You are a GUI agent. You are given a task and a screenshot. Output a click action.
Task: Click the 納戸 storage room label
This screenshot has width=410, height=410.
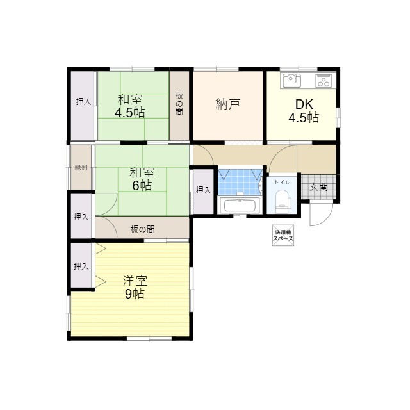[x=228, y=104]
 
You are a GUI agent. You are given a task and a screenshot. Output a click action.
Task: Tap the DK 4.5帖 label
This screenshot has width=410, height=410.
[x=303, y=111]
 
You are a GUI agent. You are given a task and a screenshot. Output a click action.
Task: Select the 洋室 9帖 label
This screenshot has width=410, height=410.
[x=135, y=287]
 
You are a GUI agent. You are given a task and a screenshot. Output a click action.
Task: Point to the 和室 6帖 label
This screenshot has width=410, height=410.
[x=142, y=179]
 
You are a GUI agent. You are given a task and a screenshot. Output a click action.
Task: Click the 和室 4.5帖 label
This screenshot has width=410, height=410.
[x=129, y=106]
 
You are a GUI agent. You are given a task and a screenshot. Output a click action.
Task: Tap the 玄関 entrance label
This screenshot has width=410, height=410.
[x=318, y=187]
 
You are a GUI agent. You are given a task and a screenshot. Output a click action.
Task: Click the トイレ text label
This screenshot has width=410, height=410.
[x=282, y=183]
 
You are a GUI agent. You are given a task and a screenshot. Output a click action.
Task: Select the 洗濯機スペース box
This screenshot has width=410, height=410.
[x=283, y=235]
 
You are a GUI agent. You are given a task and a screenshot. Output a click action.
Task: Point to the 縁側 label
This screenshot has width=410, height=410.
[x=81, y=168]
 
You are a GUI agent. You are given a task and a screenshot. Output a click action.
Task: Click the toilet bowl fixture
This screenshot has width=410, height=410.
[x=282, y=203]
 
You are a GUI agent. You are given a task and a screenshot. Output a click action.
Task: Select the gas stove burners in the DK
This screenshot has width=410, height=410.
[x=324, y=80]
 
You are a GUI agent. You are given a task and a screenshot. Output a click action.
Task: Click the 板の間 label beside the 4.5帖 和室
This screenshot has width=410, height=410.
[x=179, y=104]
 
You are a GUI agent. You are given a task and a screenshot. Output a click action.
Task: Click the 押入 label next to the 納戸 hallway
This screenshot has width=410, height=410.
[x=203, y=190]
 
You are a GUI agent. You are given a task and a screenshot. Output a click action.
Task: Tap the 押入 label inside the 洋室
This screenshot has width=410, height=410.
[x=81, y=266]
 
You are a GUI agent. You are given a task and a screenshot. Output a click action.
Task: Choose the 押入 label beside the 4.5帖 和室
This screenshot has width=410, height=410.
[x=83, y=101]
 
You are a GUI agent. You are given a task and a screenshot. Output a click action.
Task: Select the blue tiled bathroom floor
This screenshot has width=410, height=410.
[x=240, y=181]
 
